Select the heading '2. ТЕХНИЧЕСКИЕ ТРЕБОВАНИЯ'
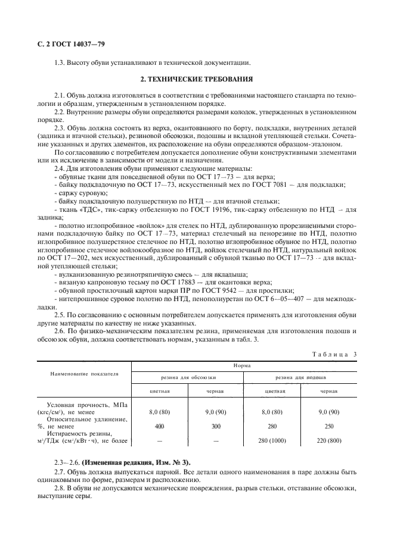point(196,79)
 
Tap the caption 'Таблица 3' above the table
point(334,355)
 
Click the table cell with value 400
point(159,426)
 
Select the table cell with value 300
point(215,426)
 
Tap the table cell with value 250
point(330,426)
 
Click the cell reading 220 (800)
point(330,441)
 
